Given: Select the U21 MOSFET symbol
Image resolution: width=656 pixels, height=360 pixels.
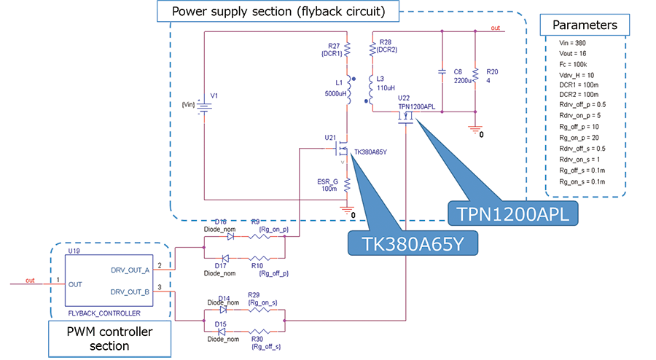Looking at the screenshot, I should pos(341,151).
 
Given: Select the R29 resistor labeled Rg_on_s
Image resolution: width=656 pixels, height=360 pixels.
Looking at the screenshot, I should pos(259,309).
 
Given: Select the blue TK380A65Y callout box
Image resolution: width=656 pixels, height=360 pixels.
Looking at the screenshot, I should pos(413,243).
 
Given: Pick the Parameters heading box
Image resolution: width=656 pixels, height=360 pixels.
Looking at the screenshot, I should pos(584,26).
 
